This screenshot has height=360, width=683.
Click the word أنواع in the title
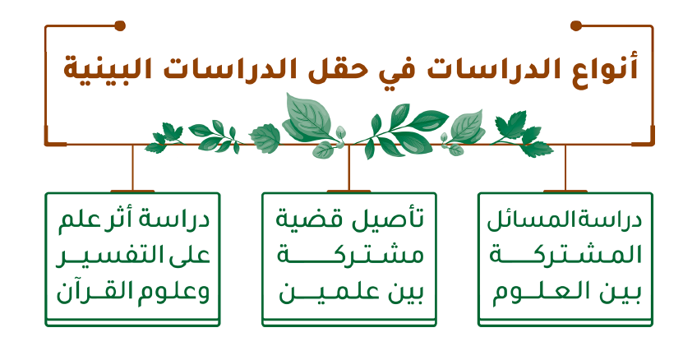[607, 70]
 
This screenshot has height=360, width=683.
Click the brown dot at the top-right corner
[576, 25]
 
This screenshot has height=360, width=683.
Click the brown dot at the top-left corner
[120, 25]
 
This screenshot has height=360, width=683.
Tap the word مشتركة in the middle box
[351, 255]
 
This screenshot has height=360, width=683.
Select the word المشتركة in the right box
[565, 254]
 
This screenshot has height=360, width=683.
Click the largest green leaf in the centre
[308, 118]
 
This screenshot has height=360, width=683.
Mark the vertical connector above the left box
[132, 168]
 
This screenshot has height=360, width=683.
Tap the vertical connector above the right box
[565, 168]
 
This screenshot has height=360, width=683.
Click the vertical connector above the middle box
[349, 168]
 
